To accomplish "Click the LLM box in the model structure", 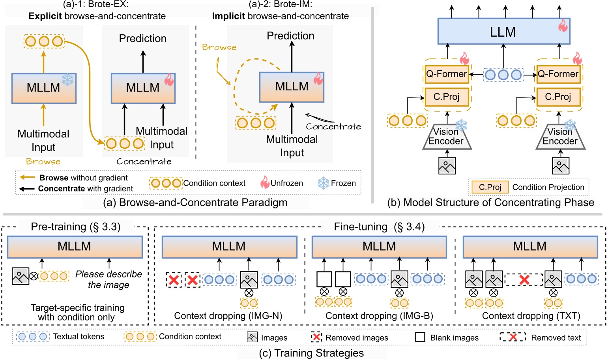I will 503,32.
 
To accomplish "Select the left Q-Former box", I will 446,74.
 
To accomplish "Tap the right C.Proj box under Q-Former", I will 558,97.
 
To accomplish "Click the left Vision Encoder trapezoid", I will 446,137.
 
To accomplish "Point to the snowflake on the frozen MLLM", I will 67,79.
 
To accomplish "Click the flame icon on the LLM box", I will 563,26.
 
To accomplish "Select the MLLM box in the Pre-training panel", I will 75,247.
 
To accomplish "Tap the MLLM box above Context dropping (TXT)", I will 530,247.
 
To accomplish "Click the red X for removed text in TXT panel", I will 524,280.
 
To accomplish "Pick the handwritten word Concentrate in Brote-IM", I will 333,127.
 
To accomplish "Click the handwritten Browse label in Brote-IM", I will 219,47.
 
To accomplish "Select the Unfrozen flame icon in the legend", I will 265,183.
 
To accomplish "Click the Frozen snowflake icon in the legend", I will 324,183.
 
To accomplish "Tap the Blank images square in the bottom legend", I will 420,337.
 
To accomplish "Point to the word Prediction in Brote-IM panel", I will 290,36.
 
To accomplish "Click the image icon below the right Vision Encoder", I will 560,166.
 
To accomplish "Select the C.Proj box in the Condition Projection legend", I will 490,187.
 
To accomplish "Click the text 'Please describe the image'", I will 109,279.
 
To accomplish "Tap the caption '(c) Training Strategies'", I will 311,353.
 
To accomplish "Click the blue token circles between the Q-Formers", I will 503,75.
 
